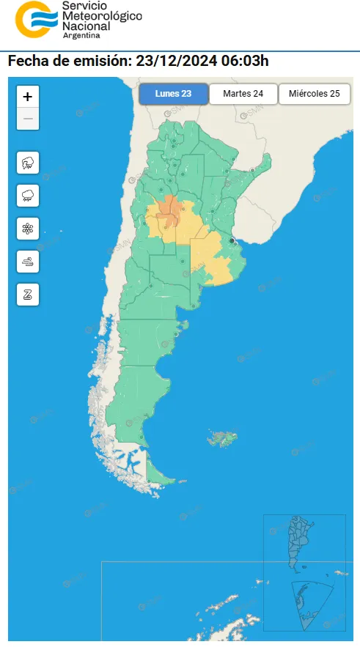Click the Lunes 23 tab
pos(173,94)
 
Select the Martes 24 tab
pos(243,94)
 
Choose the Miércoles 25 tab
pos(314,94)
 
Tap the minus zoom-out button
pos(27,118)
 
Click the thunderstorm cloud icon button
pos(28,163)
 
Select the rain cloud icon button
pos(28,196)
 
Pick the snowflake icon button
pos(28,229)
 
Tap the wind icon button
pos(28,262)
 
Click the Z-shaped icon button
pos(28,295)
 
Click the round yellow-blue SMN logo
pos(34,20)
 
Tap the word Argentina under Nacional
pos(83,35)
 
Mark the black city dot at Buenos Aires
pos(232,240)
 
